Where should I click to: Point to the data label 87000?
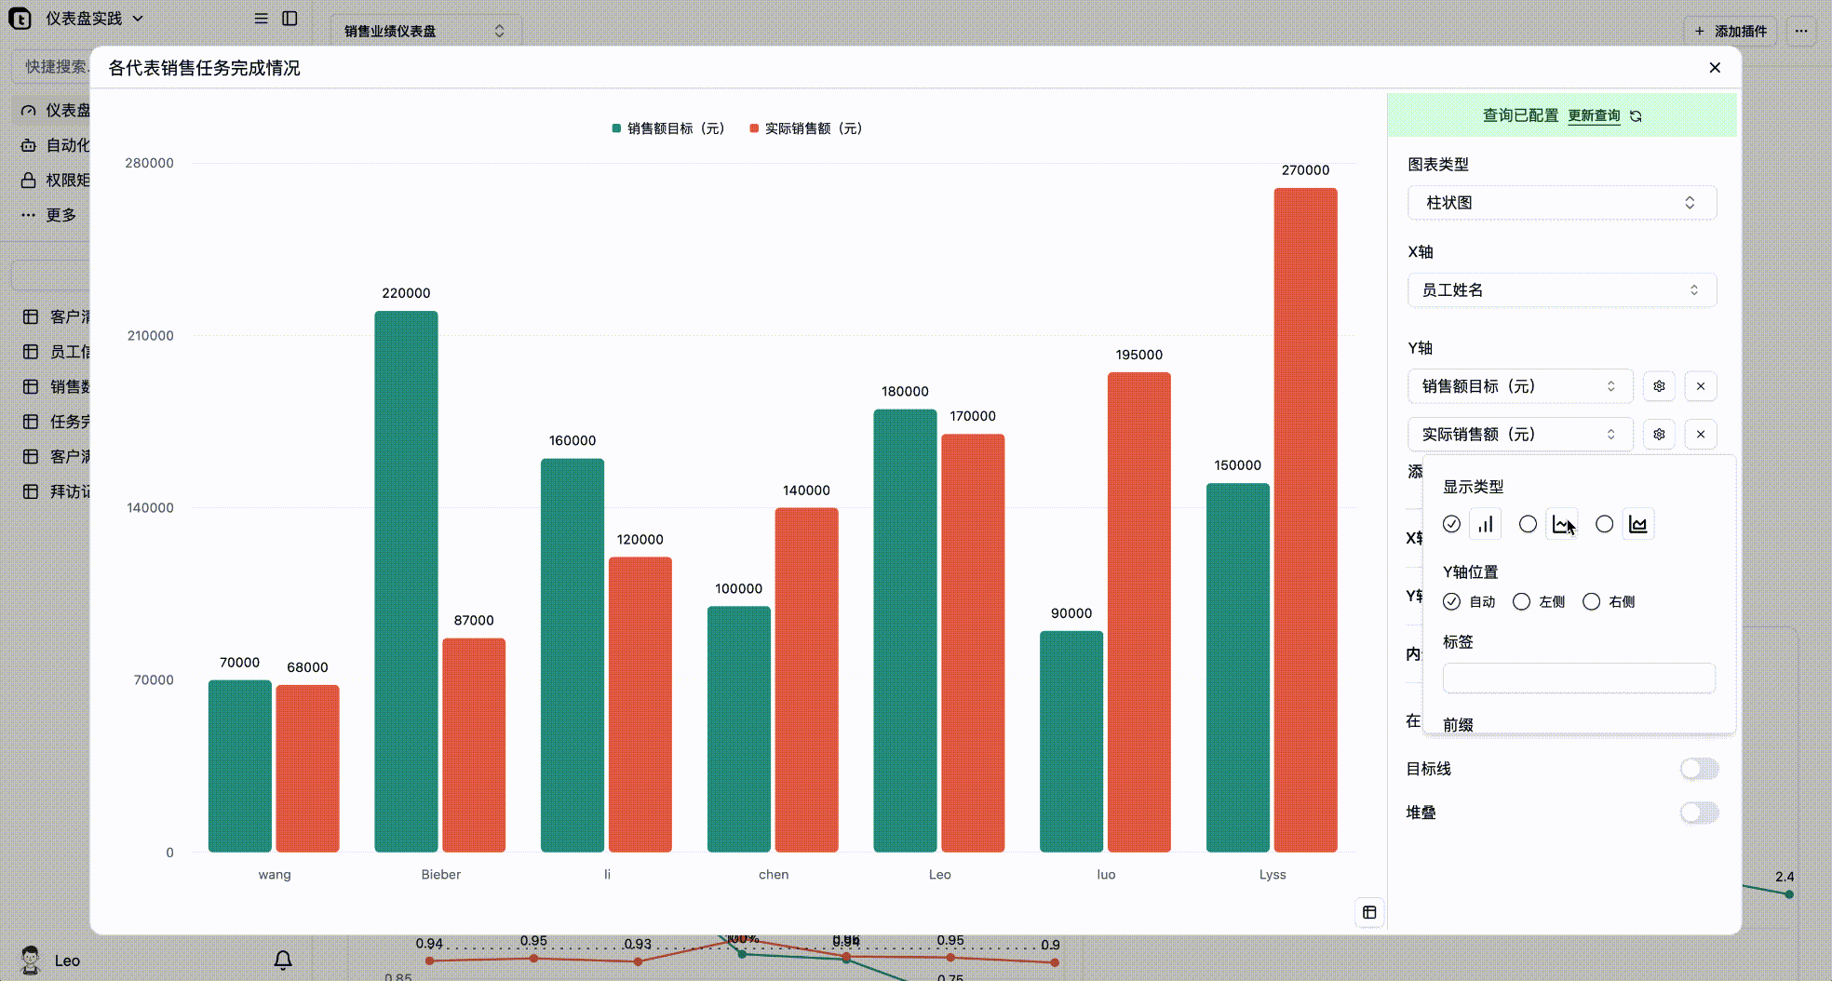[x=474, y=621]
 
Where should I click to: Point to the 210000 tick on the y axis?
[x=150, y=336]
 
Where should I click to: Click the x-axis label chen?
[x=774, y=875]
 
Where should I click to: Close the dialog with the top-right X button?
[x=1715, y=68]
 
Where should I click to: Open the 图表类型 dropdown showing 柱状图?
[x=1561, y=203]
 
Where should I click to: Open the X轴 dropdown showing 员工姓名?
[x=1561, y=290]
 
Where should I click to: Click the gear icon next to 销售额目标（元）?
[x=1659, y=386]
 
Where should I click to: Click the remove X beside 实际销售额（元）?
[x=1701, y=435]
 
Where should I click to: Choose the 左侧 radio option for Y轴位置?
[x=1522, y=602]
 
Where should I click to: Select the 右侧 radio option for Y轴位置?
[x=1592, y=602]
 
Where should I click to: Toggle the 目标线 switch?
[x=1699, y=769]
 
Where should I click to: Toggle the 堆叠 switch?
[x=1699, y=813]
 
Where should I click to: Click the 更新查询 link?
[x=1594, y=115]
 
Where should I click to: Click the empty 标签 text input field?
[x=1578, y=679]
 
